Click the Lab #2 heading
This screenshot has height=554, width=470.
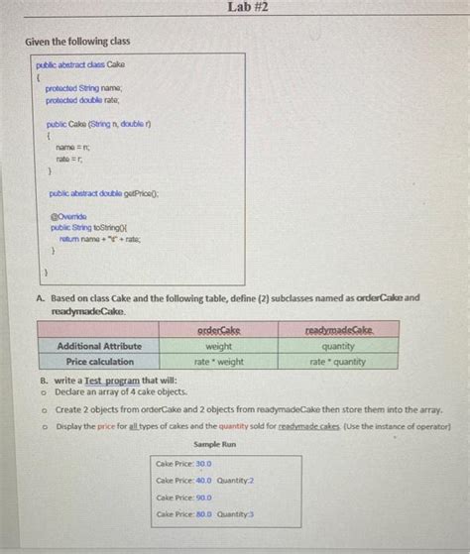point(247,9)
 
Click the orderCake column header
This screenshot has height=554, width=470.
point(219,330)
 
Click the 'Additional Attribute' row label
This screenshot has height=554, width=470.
point(99,346)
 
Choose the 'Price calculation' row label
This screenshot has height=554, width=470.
point(97,362)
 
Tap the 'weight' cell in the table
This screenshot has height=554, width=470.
point(219,346)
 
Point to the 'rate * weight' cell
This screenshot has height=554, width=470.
point(219,362)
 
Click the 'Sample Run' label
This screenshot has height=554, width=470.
point(214,445)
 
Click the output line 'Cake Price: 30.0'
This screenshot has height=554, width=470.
point(184,463)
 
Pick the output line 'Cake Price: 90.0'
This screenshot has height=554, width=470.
point(184,498)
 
